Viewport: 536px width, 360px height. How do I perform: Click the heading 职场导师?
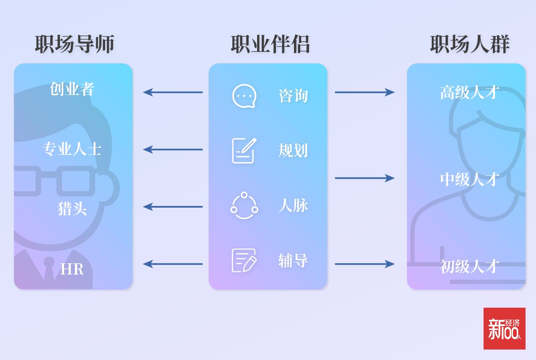click(74, 44)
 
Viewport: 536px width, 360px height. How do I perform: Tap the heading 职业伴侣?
click(270, 44)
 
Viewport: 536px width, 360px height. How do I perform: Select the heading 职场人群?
click(469, 44)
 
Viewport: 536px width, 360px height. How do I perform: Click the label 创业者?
click(72, 89)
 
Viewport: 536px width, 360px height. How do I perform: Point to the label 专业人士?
click(72, 149)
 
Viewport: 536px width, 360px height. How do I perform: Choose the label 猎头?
click(72, 208)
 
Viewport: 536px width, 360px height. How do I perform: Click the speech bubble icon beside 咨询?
click(244, 96)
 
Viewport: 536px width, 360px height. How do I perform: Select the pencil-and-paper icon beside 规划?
click(244, 150)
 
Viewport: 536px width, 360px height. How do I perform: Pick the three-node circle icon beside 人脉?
click(244, 206)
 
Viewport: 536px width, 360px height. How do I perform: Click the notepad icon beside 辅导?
click(244, 260)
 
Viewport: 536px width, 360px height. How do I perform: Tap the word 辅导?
click(293, 260)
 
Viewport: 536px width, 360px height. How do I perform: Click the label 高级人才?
click(469, 93)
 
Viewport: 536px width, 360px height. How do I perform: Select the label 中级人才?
click(469, 179)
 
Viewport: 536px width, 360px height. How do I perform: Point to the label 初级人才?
click(469, 266)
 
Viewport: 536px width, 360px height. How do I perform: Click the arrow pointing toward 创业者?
click(173, 92)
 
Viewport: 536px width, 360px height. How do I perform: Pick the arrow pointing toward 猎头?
click(173, 206)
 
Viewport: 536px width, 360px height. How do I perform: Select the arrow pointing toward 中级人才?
click(364, 178)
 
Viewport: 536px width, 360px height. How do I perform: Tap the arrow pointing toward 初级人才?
click(364, 264)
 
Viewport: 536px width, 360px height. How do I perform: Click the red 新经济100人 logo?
click(504, 329)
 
